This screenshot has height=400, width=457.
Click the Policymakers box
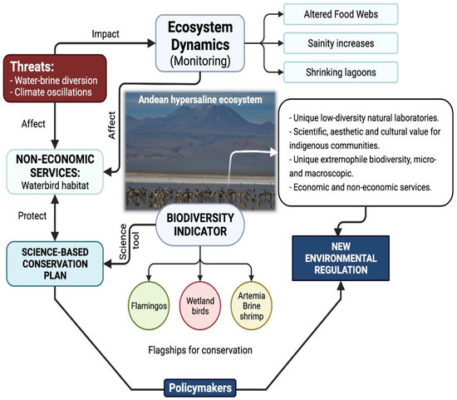199,387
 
